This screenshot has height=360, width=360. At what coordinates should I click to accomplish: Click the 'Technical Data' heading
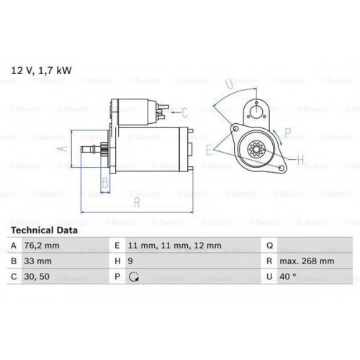tap(42, 231)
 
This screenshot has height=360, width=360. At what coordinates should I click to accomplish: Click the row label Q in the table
tap(268, 246)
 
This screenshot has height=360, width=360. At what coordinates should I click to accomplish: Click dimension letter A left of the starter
tap(62, 149)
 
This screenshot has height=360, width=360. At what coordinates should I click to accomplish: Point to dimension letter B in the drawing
tap(105, 184)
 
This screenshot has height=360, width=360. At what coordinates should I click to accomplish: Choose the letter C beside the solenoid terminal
tap(184, 112)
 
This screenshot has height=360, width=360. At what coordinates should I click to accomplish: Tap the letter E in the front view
tap(209, 150)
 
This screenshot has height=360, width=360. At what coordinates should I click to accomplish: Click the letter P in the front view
tap(288, 132)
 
